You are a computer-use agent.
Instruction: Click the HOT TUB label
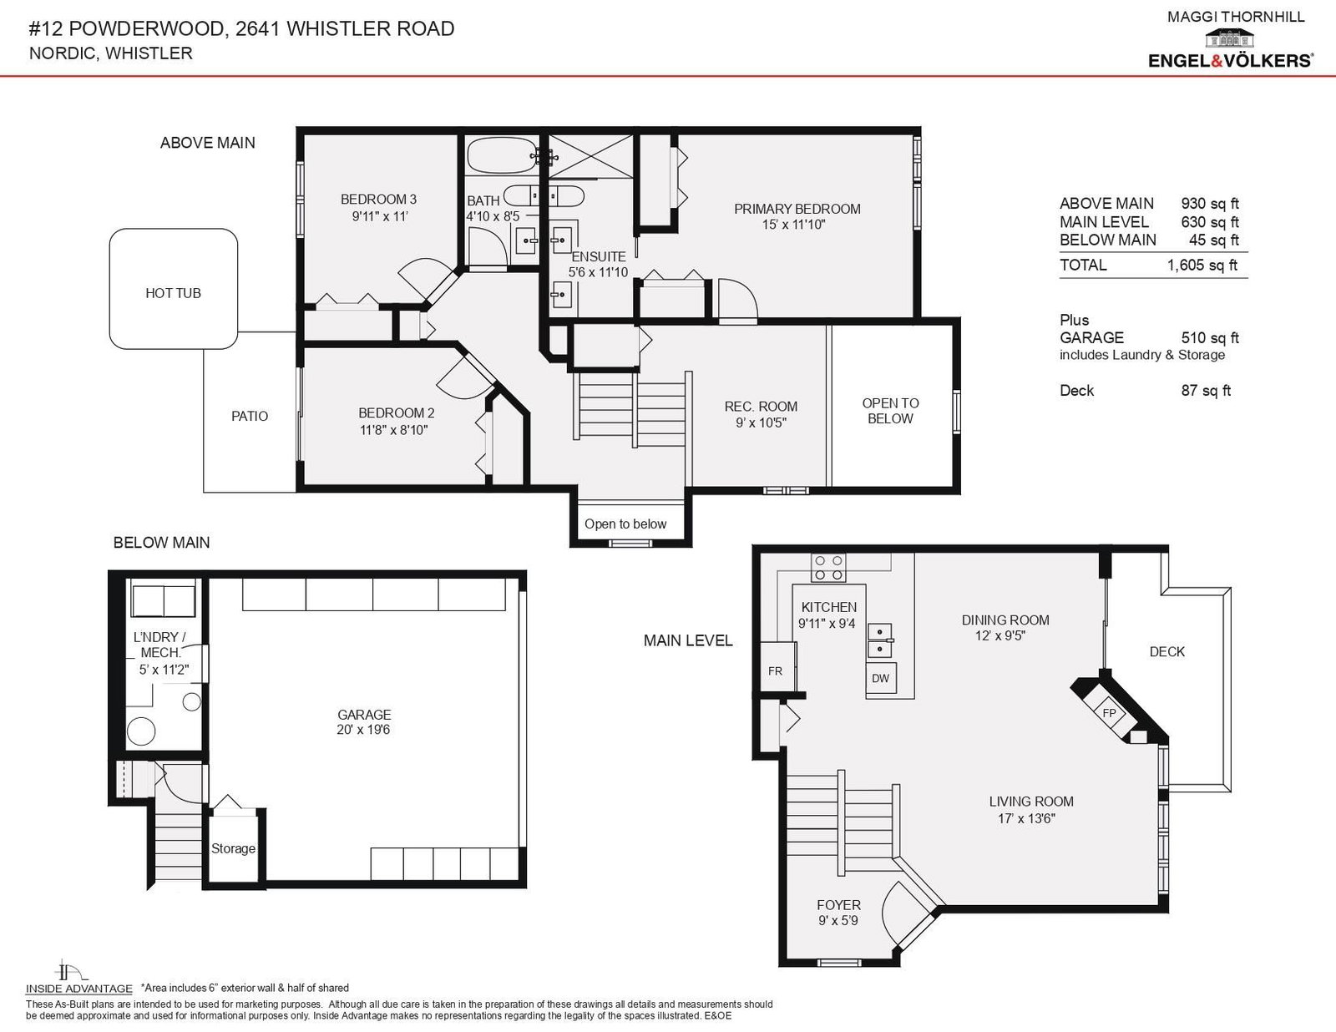173,293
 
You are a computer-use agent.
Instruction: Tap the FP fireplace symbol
1109,713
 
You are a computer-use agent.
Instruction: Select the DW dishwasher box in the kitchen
880,678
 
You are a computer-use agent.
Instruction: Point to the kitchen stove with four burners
828,568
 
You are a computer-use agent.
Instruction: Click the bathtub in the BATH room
502,155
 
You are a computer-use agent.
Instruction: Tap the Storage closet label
233,848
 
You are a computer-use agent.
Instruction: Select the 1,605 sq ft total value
1202,265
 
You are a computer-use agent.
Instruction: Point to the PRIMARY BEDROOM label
797,209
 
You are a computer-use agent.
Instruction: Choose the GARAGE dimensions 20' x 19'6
363,730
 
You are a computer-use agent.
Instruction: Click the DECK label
1167,651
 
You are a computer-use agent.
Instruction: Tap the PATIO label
250,416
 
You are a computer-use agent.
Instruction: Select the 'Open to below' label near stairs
625,524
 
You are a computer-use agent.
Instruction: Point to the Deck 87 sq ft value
1206,390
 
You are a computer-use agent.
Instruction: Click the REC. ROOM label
761,407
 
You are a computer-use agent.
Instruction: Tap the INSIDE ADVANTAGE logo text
78,989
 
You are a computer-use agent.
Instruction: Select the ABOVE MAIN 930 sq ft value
1209,204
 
